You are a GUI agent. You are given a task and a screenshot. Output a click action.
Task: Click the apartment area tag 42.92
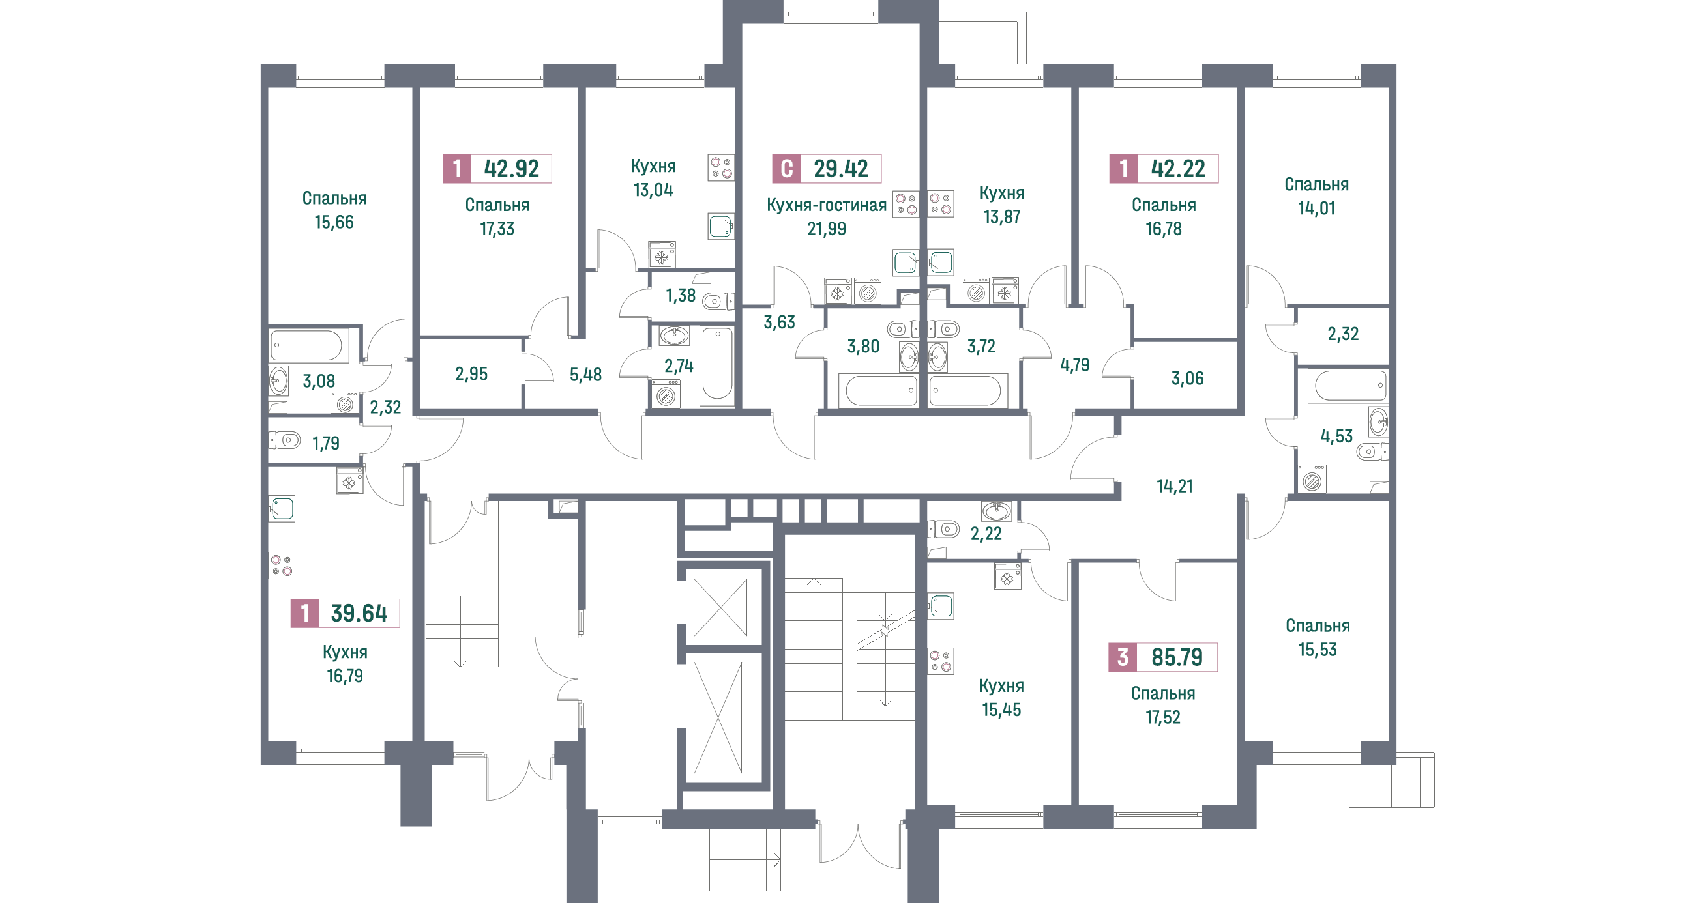click(x=497, y=168)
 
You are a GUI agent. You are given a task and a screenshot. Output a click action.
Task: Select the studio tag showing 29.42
click(x=827, y=168)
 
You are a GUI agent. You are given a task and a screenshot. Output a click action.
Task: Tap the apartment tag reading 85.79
click(x=1163, y=657)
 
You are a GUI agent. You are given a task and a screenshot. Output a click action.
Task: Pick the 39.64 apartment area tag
click(x=345, y=613)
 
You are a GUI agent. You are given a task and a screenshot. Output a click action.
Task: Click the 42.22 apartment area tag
click(x=1163, y=168)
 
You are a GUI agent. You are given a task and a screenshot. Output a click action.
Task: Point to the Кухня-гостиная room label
click(x=827, y=205)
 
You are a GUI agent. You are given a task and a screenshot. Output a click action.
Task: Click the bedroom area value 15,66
click(x=334, y=222)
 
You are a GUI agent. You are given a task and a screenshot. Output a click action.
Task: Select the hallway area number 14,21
click(x=1175, y=486)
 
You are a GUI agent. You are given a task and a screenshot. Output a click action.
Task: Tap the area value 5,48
click(x=585, y=375)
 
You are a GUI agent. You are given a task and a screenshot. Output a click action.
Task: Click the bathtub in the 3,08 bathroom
click(x=306, y=345)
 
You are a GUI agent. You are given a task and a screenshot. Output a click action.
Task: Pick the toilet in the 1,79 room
click(x=286, y=439)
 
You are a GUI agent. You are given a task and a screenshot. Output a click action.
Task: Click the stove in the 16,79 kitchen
click(x=282, y=566)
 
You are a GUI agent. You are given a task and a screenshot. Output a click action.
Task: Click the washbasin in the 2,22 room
click(x=997, y=511)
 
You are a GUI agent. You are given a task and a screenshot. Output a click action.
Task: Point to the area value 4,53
click(x=1336, y=436)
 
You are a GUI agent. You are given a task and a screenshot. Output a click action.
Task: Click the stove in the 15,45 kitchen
click(x=941, y=661)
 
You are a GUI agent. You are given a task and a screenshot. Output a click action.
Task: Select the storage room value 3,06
click(x=1187, y=378)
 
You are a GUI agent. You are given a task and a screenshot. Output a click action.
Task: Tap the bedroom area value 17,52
click(x=1163, y=717)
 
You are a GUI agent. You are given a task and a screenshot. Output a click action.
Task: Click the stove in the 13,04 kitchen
click(x=721, y=167)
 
